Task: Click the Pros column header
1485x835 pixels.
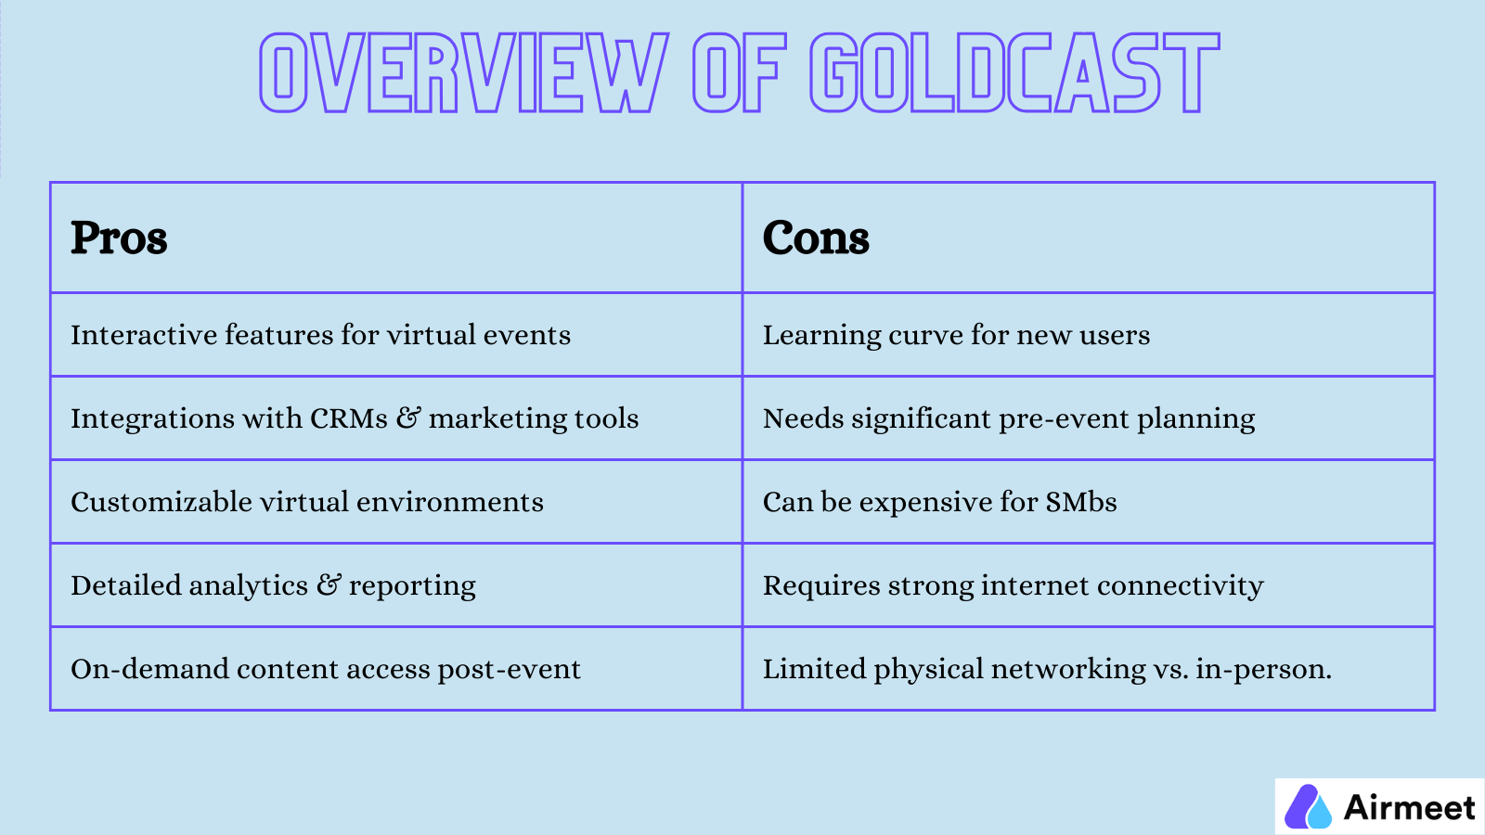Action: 119,238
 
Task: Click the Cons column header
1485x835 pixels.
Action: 816,238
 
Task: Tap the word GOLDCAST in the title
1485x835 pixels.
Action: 1014,73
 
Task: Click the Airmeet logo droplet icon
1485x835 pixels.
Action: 1308,807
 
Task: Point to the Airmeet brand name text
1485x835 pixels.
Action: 1409,808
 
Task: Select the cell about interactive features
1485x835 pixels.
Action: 320,335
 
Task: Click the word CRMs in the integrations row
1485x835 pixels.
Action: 349,418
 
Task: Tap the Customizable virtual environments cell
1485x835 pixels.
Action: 307,502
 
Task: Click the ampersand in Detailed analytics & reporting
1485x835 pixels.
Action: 329,584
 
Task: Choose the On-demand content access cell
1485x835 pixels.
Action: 326,669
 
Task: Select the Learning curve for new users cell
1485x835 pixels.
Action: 956,335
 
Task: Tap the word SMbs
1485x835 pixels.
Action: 1081,502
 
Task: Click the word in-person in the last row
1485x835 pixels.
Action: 1262,670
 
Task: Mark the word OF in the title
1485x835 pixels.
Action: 739,73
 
